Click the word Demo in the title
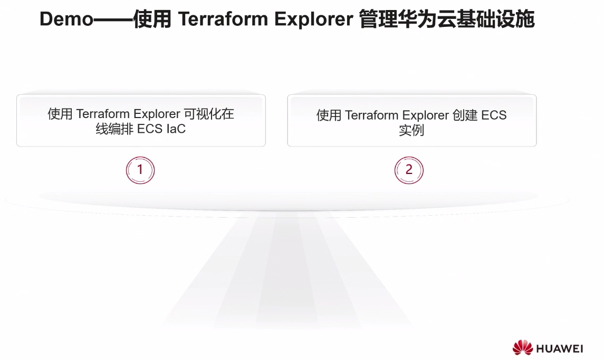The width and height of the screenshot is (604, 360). click(x=66, y=19)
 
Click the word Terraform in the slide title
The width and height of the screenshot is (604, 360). click(x=223, y=19)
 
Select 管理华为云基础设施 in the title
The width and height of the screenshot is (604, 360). click(x=447, y=20)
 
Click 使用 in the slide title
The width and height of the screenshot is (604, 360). click(x=152, y=20)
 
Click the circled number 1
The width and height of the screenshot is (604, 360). click(x=140, y=170)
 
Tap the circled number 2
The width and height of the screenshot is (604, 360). click(x=409, y=170)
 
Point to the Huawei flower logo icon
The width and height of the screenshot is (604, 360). click(x=522, y=348)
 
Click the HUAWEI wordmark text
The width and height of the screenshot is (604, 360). click(x=559, y=349)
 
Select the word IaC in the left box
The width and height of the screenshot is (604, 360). click(x=176, y=129)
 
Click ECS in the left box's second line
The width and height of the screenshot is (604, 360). click(x=150, y=129)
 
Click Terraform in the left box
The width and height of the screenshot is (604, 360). click(x=103, y=114)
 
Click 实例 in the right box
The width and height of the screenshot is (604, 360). click(x=411, y=130)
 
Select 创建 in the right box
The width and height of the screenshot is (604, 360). click(x=465, y=115)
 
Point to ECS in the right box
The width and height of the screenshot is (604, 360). click(x=494, y=115)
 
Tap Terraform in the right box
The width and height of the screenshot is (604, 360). click(x=372, y=115)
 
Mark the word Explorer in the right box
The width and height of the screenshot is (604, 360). click(x=425, y=115)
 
